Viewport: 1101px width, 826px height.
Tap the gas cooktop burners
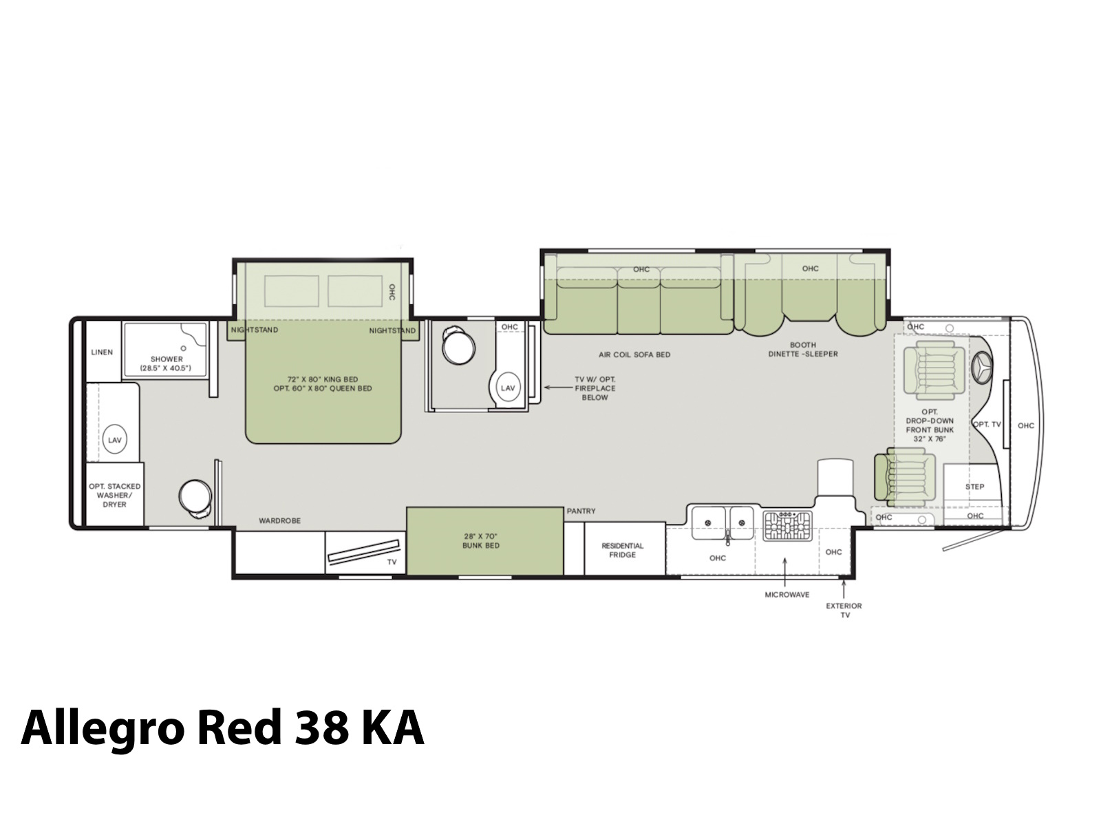(x=787, y=526)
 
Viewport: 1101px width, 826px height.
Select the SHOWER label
(x=167, y=359)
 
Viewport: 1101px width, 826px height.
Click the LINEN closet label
(x=102, y=352)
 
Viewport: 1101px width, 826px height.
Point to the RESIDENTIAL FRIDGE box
(x=625, y=548)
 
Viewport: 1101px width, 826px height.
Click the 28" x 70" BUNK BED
(x=484, y=541)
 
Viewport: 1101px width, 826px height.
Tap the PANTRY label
(x=581, y=511)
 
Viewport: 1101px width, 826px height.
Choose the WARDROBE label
(x=280, y=520)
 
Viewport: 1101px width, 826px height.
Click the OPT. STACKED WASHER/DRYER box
(x=115, y=494)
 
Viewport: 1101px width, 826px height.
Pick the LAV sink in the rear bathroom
(x=115, y=439)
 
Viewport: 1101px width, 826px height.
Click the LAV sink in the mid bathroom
(x=508, y=387)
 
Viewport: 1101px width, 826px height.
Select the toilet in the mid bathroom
(x=458, y=346)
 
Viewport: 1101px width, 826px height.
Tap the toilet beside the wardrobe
(x=196, y=498)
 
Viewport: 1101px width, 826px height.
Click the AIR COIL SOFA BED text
(x=634, y=354)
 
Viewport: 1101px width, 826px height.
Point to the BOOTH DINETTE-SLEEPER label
(x=802, y=349)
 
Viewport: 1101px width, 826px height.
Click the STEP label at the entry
(x=974, y=487)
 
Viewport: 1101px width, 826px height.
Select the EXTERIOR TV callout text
(x=845, y=611)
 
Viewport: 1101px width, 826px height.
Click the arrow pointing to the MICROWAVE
(x=785, y=572)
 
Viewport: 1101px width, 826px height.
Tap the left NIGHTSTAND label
(x=255, y=330)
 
